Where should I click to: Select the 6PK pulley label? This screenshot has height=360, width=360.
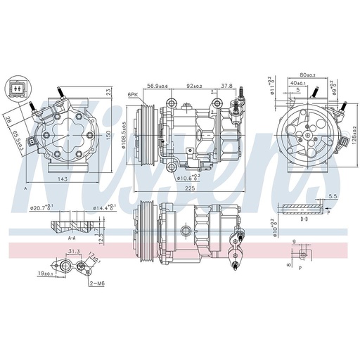(132, 94)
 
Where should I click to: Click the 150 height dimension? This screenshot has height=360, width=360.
(108, 134)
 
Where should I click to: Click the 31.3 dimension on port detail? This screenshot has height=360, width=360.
(75, 251)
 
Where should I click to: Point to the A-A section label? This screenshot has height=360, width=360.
(72, 238)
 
